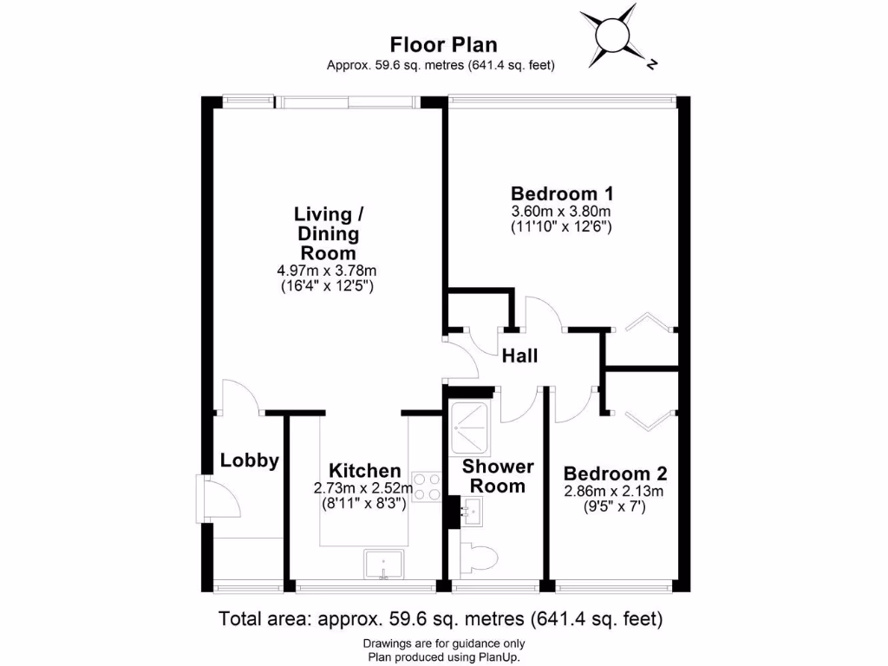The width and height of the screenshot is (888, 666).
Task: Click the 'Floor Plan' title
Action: (443, 44)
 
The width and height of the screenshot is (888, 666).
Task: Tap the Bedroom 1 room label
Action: (561, 193)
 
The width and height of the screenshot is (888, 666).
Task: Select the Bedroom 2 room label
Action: (615, 473)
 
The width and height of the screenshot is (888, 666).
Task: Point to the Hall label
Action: (519, 356)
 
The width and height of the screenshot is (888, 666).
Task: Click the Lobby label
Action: (249, 460)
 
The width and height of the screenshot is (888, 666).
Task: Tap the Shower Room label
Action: (498, 476)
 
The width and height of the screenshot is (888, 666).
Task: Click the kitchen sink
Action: (382, 565)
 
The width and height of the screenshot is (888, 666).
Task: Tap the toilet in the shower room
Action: (478, 556)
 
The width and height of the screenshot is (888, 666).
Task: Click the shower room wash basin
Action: (471, 513)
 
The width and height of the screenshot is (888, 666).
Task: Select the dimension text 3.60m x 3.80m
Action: (561, 212)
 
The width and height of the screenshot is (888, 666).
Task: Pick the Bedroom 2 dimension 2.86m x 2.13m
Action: (615, 492)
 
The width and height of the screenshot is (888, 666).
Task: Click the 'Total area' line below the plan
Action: (441, 619)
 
